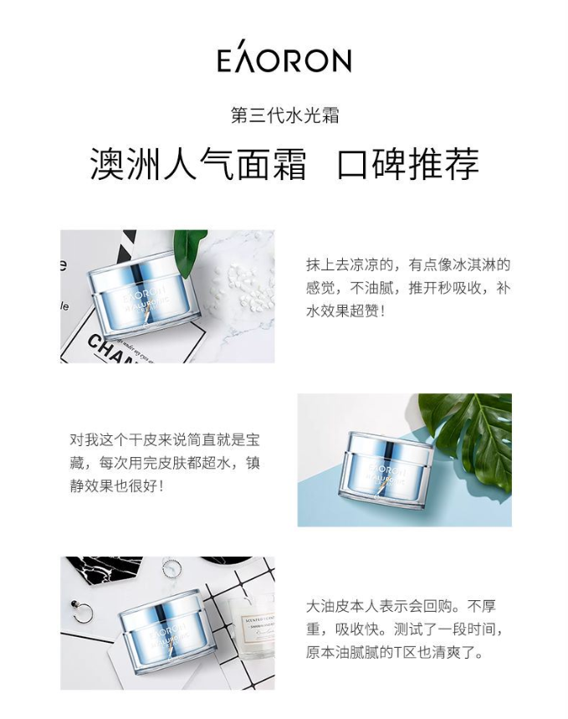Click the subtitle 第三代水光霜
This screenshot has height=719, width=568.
pos(284,116)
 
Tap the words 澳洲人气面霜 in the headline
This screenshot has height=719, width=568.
pos(197,164)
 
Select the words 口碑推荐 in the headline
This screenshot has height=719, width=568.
pos(408,164)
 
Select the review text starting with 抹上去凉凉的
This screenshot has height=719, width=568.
pos(407,288)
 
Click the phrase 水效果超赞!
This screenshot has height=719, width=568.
pos(345,311)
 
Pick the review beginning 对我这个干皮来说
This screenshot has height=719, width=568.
pos(165,463)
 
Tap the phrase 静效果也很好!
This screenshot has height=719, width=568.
pos(116,485)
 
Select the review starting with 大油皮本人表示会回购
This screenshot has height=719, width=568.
pos(405,629)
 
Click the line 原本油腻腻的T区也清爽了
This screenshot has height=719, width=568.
pos(395,652)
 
